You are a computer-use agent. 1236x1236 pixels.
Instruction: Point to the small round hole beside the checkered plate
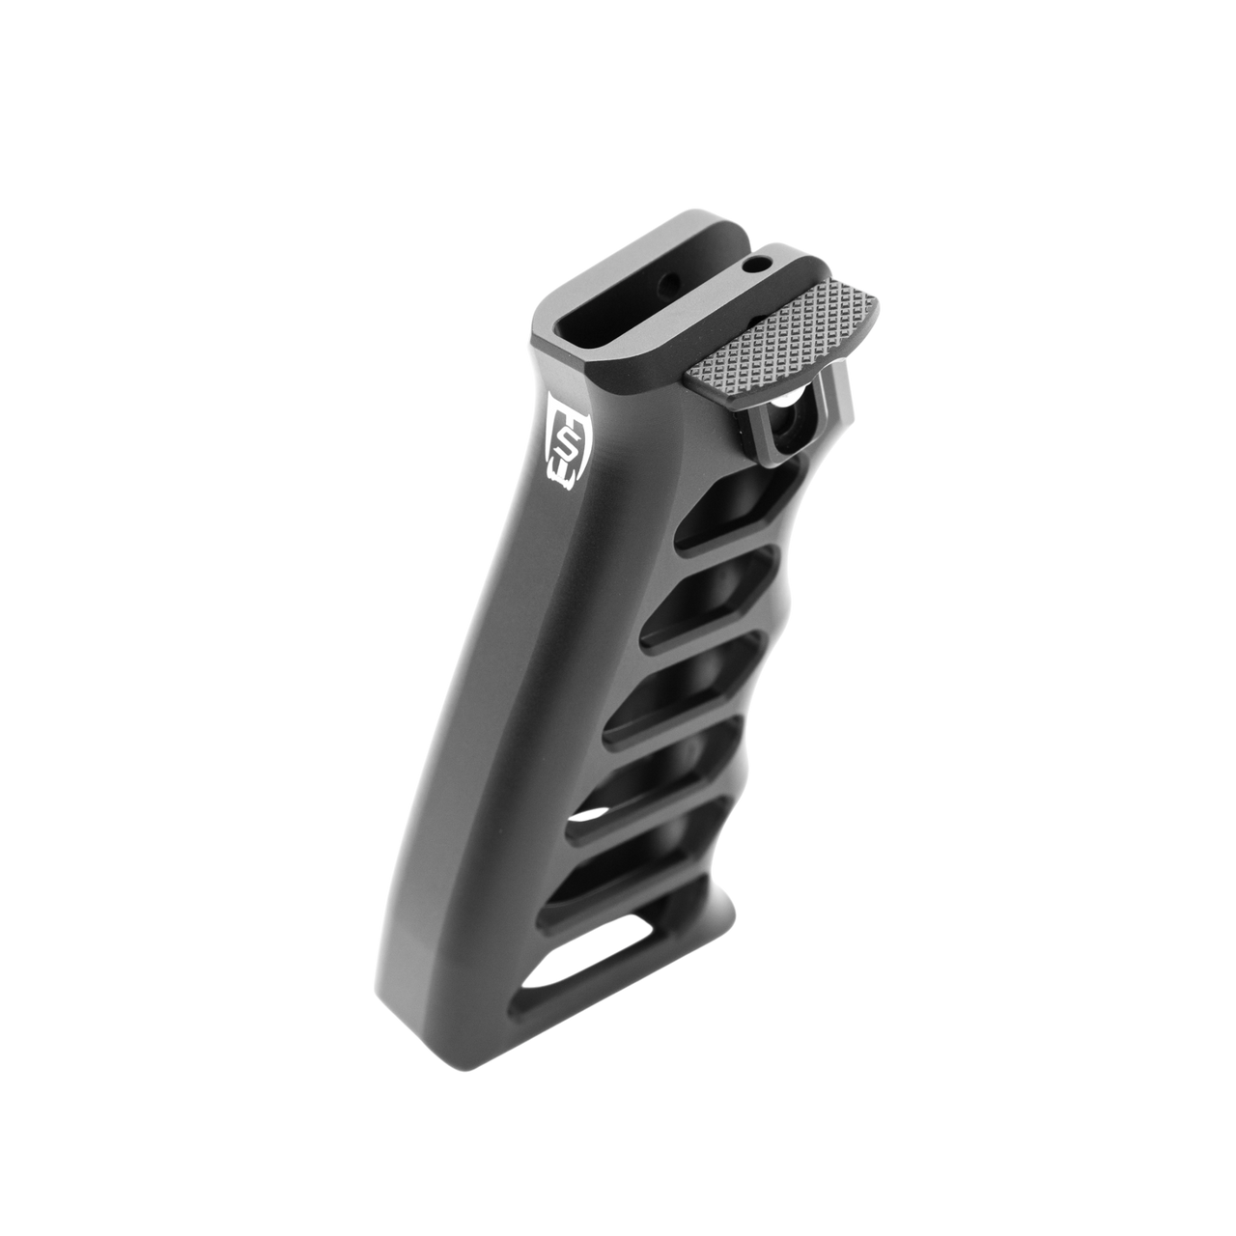(x=766, y=262)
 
